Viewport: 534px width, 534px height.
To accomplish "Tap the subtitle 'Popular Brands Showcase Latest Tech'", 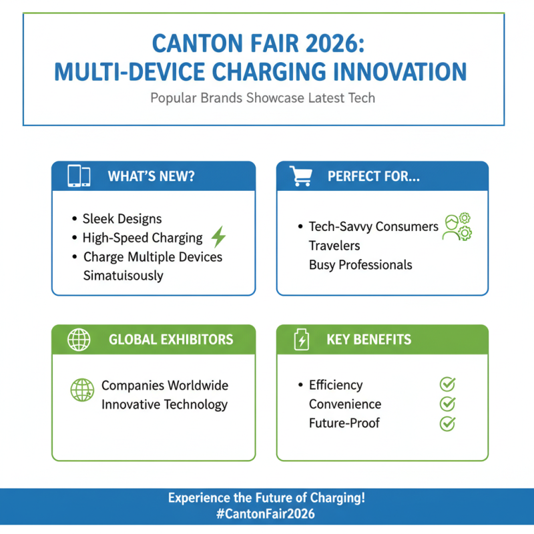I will tap(262, 98).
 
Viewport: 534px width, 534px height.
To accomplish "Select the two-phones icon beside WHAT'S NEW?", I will tap(79, 176).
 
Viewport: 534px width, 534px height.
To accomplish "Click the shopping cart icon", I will tap(300, 176).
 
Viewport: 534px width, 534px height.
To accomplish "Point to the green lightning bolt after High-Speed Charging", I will tap(218, 237).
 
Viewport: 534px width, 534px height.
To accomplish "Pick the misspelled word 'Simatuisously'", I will tap(123, 275).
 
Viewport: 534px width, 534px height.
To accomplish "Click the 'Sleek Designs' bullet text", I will tap(122, 218).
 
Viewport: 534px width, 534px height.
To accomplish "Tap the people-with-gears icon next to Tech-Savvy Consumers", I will tap(457, 227).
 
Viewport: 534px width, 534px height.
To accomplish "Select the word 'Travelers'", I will tap(334, 246).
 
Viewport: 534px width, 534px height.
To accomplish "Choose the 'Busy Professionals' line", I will tap(360, 264).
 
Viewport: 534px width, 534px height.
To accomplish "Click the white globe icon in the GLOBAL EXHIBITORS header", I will tap(79, 340).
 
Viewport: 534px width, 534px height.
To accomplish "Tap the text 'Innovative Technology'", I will tap(164, 405).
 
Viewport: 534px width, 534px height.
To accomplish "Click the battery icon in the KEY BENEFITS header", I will tap(302, 340).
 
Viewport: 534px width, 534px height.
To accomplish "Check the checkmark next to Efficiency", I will tap(447, 384).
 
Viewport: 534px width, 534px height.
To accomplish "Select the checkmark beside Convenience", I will tap(447, 404).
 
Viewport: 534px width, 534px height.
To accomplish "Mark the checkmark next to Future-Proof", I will tap(447, 423).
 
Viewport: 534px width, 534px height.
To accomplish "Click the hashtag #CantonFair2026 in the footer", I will tap(267, 514).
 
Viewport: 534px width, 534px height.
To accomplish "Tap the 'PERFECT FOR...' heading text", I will tap(373, 176).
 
